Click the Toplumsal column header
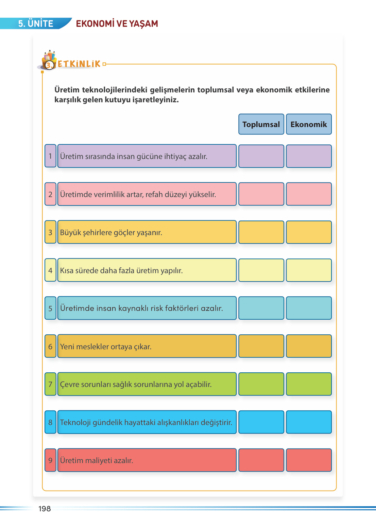click(x=261, y=124)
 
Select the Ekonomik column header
click(x=309, y=124)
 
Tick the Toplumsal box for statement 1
click(x=261, y=156)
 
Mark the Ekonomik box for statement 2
click(x=309, y=194)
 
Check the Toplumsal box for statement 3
click(x=261, y=232)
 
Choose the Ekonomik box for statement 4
click(x=309, y=270)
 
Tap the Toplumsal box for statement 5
click(x=261, y=308)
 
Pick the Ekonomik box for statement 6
click(x=309, y=346)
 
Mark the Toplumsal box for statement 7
click(x=261, y=384)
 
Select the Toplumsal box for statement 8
click(x=261, y=422)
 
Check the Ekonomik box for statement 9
click(x=309, y=460)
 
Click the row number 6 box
click(x=50, y=346)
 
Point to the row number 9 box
click(x=50, y=460)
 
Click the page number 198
click(x=45, y=509)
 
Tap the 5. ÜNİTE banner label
click(x=36, y=23)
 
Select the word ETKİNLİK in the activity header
click(x=79, y=64)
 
